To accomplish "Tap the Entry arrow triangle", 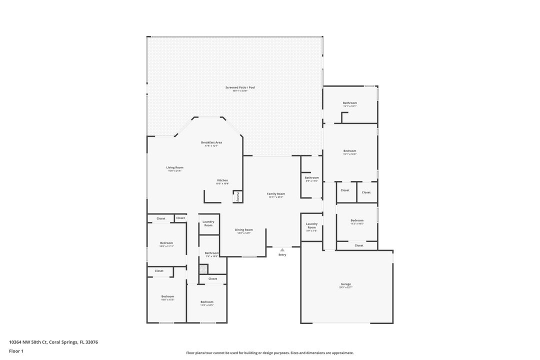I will (x=282, y=249).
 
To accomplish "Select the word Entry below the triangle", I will (x=282, y=255).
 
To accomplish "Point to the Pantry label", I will (x=238, y=196).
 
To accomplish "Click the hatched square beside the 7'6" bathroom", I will (x=203, y=269).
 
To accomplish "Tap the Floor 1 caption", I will (x=16, y=351).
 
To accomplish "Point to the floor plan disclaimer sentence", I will (x=269, y=352).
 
